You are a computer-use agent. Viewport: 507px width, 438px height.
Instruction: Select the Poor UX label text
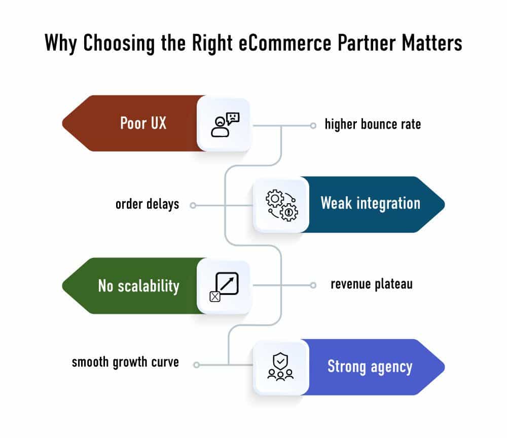coord(143,123)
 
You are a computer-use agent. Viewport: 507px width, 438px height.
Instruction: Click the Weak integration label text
coord(370,204)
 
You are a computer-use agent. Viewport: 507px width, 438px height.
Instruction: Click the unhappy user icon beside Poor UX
coord(225,124)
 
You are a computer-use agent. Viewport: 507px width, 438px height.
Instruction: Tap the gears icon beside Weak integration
coord(281,205)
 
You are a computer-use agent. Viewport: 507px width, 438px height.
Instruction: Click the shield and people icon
coord(281,367)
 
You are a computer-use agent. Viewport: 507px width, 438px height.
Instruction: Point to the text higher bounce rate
coord(373,124)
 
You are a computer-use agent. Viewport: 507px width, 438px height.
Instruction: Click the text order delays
coord(147,204)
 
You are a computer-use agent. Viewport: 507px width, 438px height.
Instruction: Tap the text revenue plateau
coord(371,284)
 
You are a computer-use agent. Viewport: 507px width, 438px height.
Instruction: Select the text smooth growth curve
coord(125,362)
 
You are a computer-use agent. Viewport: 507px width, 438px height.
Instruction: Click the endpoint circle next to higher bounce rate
coord(313,124)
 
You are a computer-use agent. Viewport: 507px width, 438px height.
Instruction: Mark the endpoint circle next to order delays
coord(193,205)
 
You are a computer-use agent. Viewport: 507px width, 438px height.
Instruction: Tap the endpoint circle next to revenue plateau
coord(313,285)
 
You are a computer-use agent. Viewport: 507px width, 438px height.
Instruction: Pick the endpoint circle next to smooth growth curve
coord(197,364)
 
